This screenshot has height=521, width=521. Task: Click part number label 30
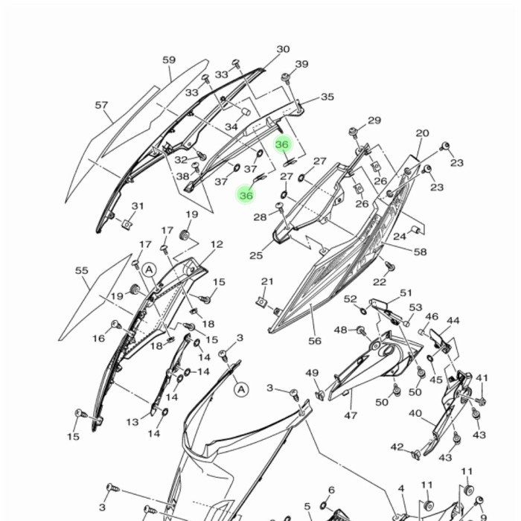coord(283,49)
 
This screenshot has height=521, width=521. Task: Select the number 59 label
coord(169,60)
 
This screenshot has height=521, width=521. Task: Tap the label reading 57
coord(102,106)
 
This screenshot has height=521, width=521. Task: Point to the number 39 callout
coord(301,64)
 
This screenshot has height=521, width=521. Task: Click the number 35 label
coord(327,97)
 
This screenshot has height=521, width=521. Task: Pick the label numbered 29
coord(374,121)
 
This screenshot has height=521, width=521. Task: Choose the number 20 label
coord(422,133)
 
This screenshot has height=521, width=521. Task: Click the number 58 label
coord(420,252)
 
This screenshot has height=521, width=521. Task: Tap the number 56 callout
coord(315,341)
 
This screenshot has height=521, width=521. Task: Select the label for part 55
coord(82,270)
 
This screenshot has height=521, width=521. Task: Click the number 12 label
coord(217,245)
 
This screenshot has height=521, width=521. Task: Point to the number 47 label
coord(351,415)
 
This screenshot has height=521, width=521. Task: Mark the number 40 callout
coord(415,414)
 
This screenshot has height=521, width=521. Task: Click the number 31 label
coord(138,206)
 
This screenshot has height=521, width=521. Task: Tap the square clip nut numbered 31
coord(127,225)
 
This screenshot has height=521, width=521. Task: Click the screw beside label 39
coord(285,77)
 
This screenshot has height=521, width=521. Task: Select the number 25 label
coord(256,255)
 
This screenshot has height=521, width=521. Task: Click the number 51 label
coord(406,293)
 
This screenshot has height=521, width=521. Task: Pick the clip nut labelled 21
coord(262,301)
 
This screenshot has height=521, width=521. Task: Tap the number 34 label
coord(231,127)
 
